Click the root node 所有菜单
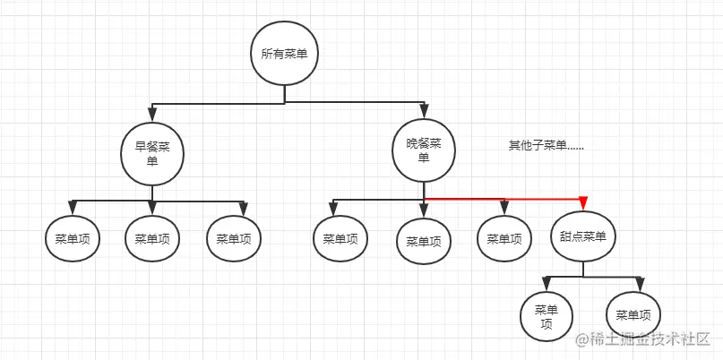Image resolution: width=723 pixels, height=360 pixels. [x=284, y=54]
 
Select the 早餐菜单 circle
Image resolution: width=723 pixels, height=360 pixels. [x=152, y=154]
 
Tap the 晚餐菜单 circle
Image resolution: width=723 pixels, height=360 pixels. [x=424, y=150]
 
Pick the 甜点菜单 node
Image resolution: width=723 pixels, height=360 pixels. [x=583, y=236]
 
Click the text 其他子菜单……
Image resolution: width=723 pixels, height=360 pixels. [x=546, y=145]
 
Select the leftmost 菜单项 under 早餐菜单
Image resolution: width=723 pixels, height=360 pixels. [x=72, y=239]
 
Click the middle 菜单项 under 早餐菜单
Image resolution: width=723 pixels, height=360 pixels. [x=152, y=239]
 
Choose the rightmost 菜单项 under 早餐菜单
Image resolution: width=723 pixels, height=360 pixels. [x=234, y=239]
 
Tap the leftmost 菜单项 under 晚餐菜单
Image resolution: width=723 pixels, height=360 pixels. [x=340, y=239]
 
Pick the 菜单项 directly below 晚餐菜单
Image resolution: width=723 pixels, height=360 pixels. [x=424, y=241]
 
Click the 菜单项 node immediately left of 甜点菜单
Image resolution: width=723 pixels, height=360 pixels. [x=504, y=239]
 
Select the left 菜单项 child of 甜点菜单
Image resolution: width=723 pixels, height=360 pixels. [x=547, y=316]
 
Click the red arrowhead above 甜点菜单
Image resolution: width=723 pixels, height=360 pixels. [x=583, y=203]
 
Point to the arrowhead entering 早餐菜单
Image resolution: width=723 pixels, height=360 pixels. [x=152, y=115]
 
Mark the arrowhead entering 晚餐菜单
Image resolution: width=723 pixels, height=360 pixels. [x=424, y=111]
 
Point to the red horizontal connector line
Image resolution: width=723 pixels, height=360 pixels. [x=502, y=198]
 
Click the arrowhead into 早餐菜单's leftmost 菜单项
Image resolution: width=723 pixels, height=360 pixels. [x=72, y=208]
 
